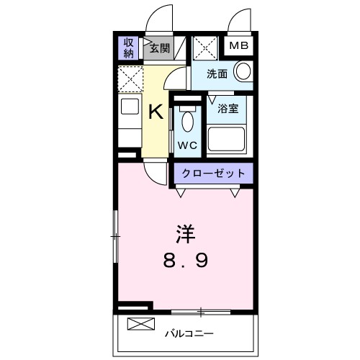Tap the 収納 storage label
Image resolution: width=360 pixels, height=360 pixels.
click(129, 48)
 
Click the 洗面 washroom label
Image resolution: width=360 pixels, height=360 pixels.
click(217, 73)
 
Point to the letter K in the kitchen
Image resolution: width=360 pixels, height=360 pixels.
click(156, 112)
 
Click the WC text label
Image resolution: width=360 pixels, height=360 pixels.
click(188, 144)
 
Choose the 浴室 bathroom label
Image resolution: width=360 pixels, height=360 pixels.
click(228, 109)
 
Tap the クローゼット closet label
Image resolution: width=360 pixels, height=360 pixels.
click(213, 174)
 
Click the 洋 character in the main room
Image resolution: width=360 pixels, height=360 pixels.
click(184, 235)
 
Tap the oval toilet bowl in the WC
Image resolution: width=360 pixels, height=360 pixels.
click(188, 121)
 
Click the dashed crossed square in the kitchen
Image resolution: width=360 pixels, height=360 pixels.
click(130, 77)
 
